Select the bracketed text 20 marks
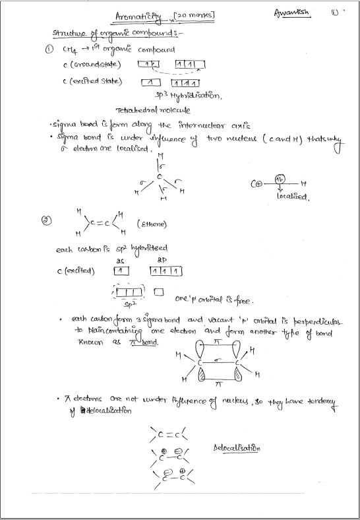pos(195,13)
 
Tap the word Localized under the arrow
pos(291,196)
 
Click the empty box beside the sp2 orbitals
pos(158,291)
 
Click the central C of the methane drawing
pos(159,177)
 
